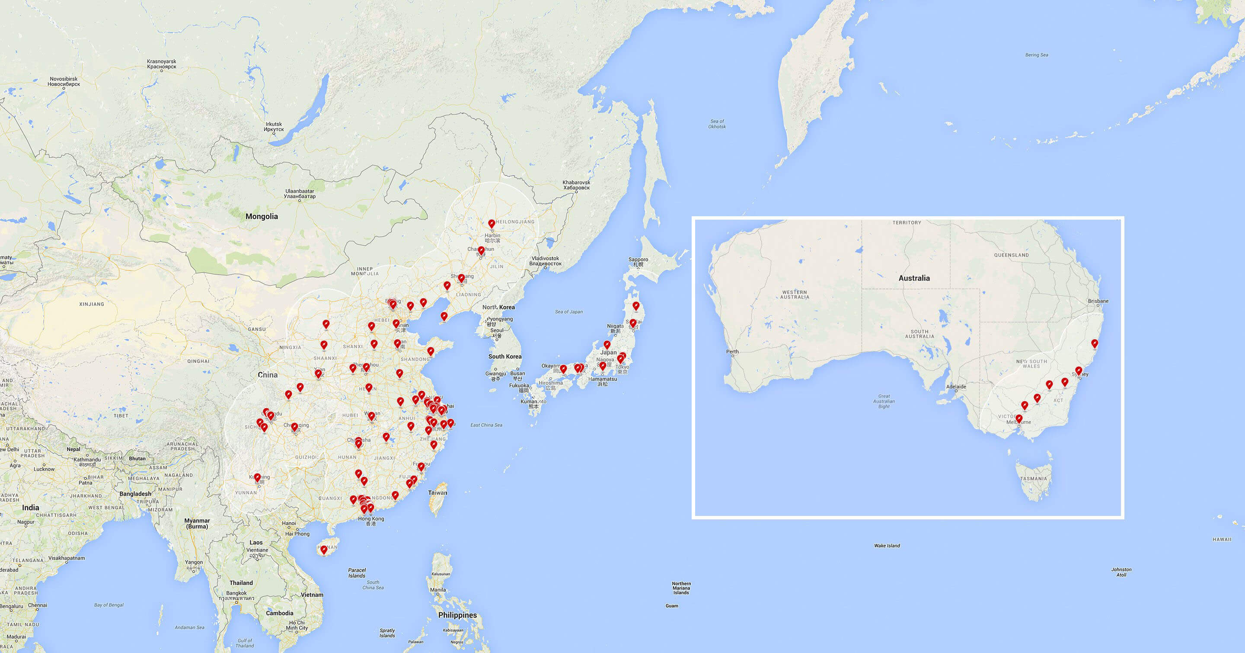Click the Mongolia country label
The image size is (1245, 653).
click(262, 217)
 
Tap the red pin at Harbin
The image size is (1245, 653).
click(492, 224)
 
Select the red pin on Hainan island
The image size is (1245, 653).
click(324, 550)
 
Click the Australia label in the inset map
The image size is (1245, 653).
click(914, 278)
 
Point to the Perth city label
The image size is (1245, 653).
click(732, 352)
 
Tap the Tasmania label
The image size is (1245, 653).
click(1033, 479)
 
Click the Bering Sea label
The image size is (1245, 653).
click(1037, 55)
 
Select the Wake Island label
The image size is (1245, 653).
click(887, 546)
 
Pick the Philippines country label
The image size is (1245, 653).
click(457, 615)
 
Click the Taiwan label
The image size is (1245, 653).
click(437, 493)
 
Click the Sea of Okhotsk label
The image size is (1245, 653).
click(717, 124)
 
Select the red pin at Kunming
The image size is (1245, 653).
click(257, 477)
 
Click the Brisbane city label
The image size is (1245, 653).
click(1098, 301)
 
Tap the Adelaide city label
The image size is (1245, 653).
click(956, 387)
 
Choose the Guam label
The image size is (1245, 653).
click(672, 605)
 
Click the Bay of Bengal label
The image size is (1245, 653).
click(109, 605)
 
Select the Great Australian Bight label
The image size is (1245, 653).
click(884, 401)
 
